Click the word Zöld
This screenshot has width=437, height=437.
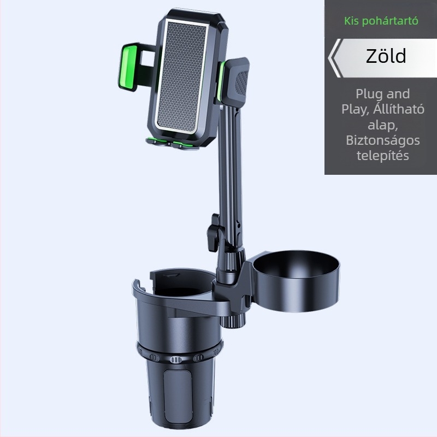click(386, 56)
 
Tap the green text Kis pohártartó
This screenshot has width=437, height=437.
click(381, 21)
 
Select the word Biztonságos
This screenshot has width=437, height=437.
click(383, 140)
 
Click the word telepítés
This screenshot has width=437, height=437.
click(383, 156)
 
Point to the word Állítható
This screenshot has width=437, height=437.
click(399, 109)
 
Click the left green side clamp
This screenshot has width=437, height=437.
click(128, 68)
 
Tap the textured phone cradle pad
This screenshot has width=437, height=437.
click(181, 75)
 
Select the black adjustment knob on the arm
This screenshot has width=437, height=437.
click(215, 233)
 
